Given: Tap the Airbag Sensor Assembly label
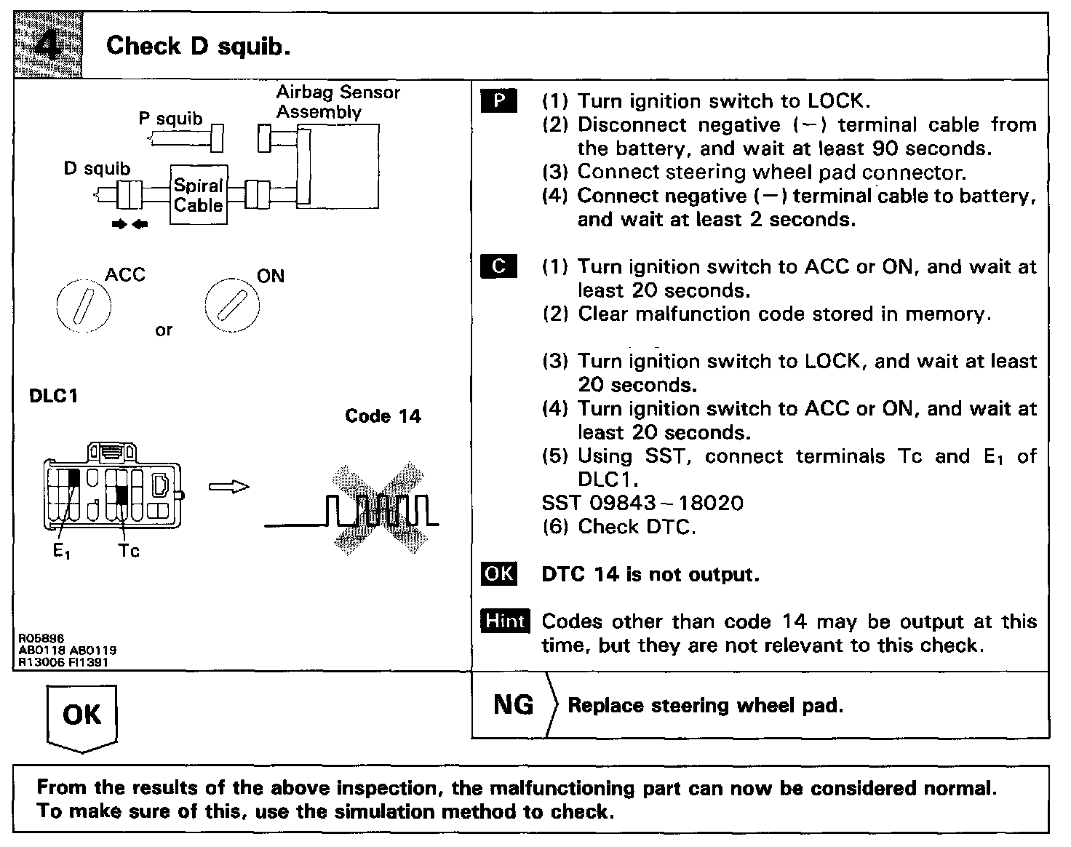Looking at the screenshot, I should click(338, 102).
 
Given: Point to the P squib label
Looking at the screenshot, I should click(171, 118).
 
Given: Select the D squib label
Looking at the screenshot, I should click(97, 169).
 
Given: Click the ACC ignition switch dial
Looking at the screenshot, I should click(83, 305).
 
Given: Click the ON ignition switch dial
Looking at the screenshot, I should click(231, 304).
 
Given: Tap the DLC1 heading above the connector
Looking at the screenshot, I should click(53, 397).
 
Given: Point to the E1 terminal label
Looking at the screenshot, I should click(61, 552).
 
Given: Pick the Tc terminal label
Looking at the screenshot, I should click(129, 551).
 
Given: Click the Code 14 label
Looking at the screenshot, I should click(383, 416).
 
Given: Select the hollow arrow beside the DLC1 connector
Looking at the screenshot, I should click(228, 486).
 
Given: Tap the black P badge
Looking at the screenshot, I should click(499, 101).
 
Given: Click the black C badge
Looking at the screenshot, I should click(499, 266).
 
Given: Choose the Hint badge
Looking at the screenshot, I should click(505, 621).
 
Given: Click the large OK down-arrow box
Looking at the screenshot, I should click(81, 716).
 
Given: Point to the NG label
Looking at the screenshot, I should click(514, 704).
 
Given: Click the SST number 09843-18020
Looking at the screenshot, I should click(642, 503).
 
